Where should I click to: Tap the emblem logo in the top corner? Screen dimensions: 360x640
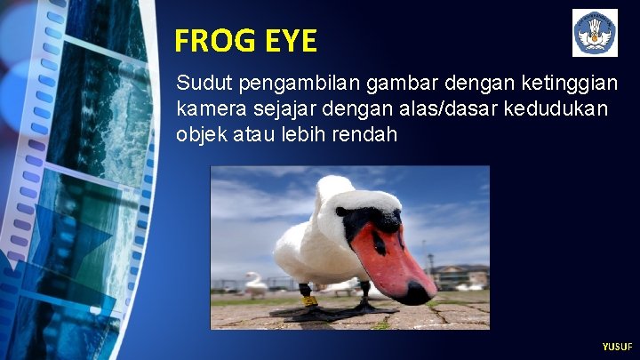595,34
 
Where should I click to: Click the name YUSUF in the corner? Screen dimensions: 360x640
617,346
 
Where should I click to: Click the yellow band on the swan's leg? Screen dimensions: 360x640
309,300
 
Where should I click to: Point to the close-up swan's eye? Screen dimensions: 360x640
340,212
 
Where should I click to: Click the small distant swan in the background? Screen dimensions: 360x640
256,285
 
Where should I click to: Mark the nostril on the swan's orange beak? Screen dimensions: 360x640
382,242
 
